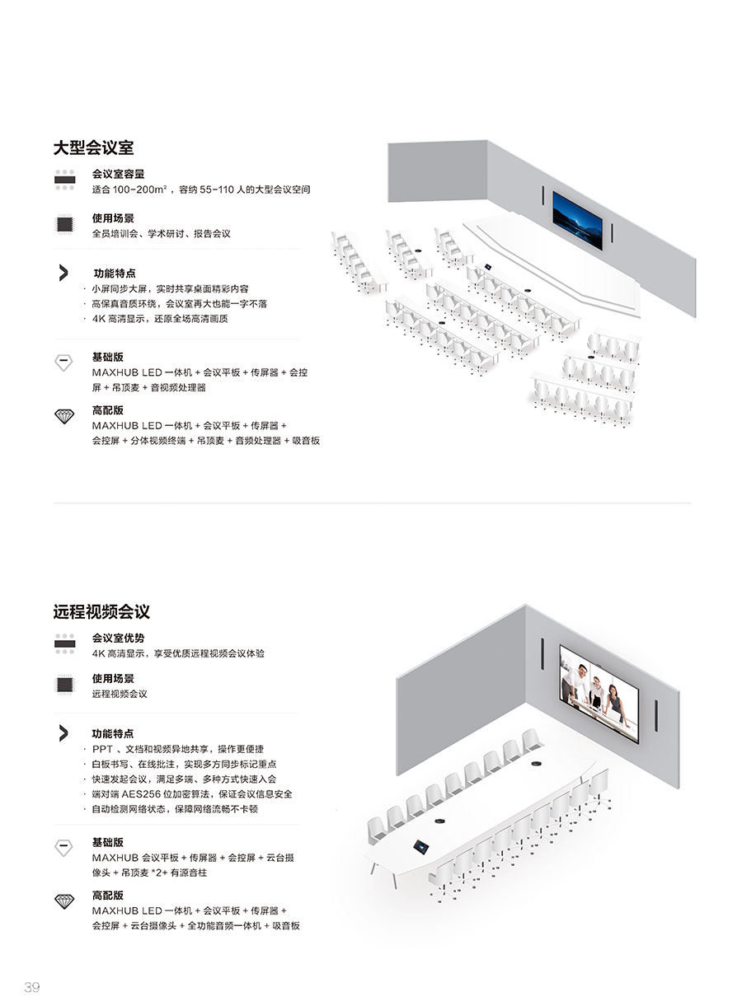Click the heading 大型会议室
(x=93, y=147)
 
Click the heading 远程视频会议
(x=101, y=611)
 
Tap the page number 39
(x=32, y=987)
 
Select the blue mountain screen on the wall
(x=577, y=220)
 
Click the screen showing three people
(x=599, y=694)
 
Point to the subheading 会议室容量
(x=118, y=174)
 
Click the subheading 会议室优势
(x=118, y=638)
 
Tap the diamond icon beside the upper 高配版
(x=64, y=416)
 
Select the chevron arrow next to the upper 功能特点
(x=63, y=273)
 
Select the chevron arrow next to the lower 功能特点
(x=63, y=733)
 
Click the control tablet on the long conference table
(x=420, y=846)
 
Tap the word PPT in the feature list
(x=102, y=749)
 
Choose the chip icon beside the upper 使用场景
(x=64, y=223)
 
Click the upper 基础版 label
(x=108, y=357)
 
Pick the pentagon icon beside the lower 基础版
(x=63, y=848)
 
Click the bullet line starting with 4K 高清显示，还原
(x=160, y=318)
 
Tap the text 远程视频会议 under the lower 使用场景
(x=120, y=694)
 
